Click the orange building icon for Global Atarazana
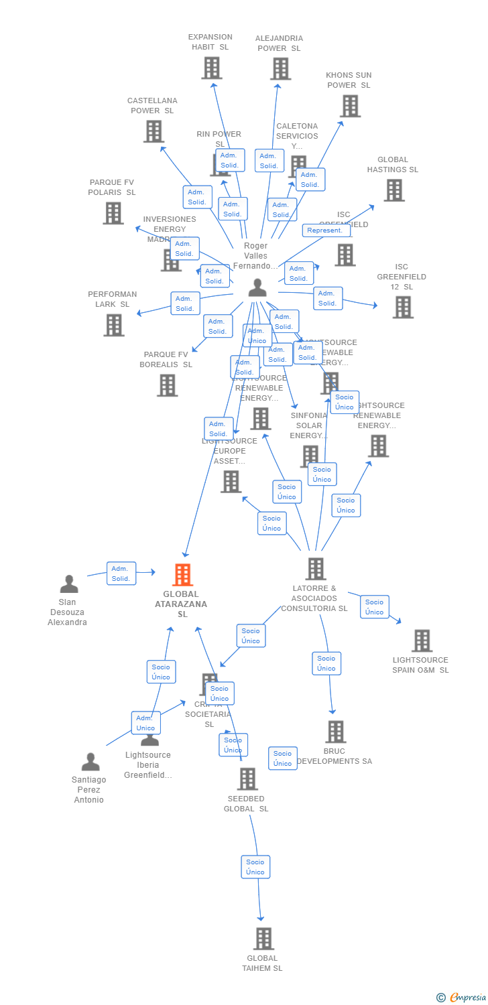(182, 575)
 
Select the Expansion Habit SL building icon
(212, 68)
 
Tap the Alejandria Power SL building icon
(280, 68)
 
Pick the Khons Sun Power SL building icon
(350, 106)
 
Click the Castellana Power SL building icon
(154, 131)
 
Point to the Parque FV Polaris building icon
(113, 213)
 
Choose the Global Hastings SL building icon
(394, 190)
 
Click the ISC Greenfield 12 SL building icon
(403, 308)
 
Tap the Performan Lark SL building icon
(114, 325)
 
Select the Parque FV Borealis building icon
(168, 385)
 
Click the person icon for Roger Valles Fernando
(257, 288)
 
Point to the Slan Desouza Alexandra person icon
(69, 584)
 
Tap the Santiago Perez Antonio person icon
(90, 762)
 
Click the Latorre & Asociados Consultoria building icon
(316, 569)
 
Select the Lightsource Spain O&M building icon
(422, 641)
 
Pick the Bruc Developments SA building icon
(336, 732)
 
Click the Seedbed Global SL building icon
(247, 779)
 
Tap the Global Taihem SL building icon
(263, 939)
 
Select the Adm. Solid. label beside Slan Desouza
(121, 574)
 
